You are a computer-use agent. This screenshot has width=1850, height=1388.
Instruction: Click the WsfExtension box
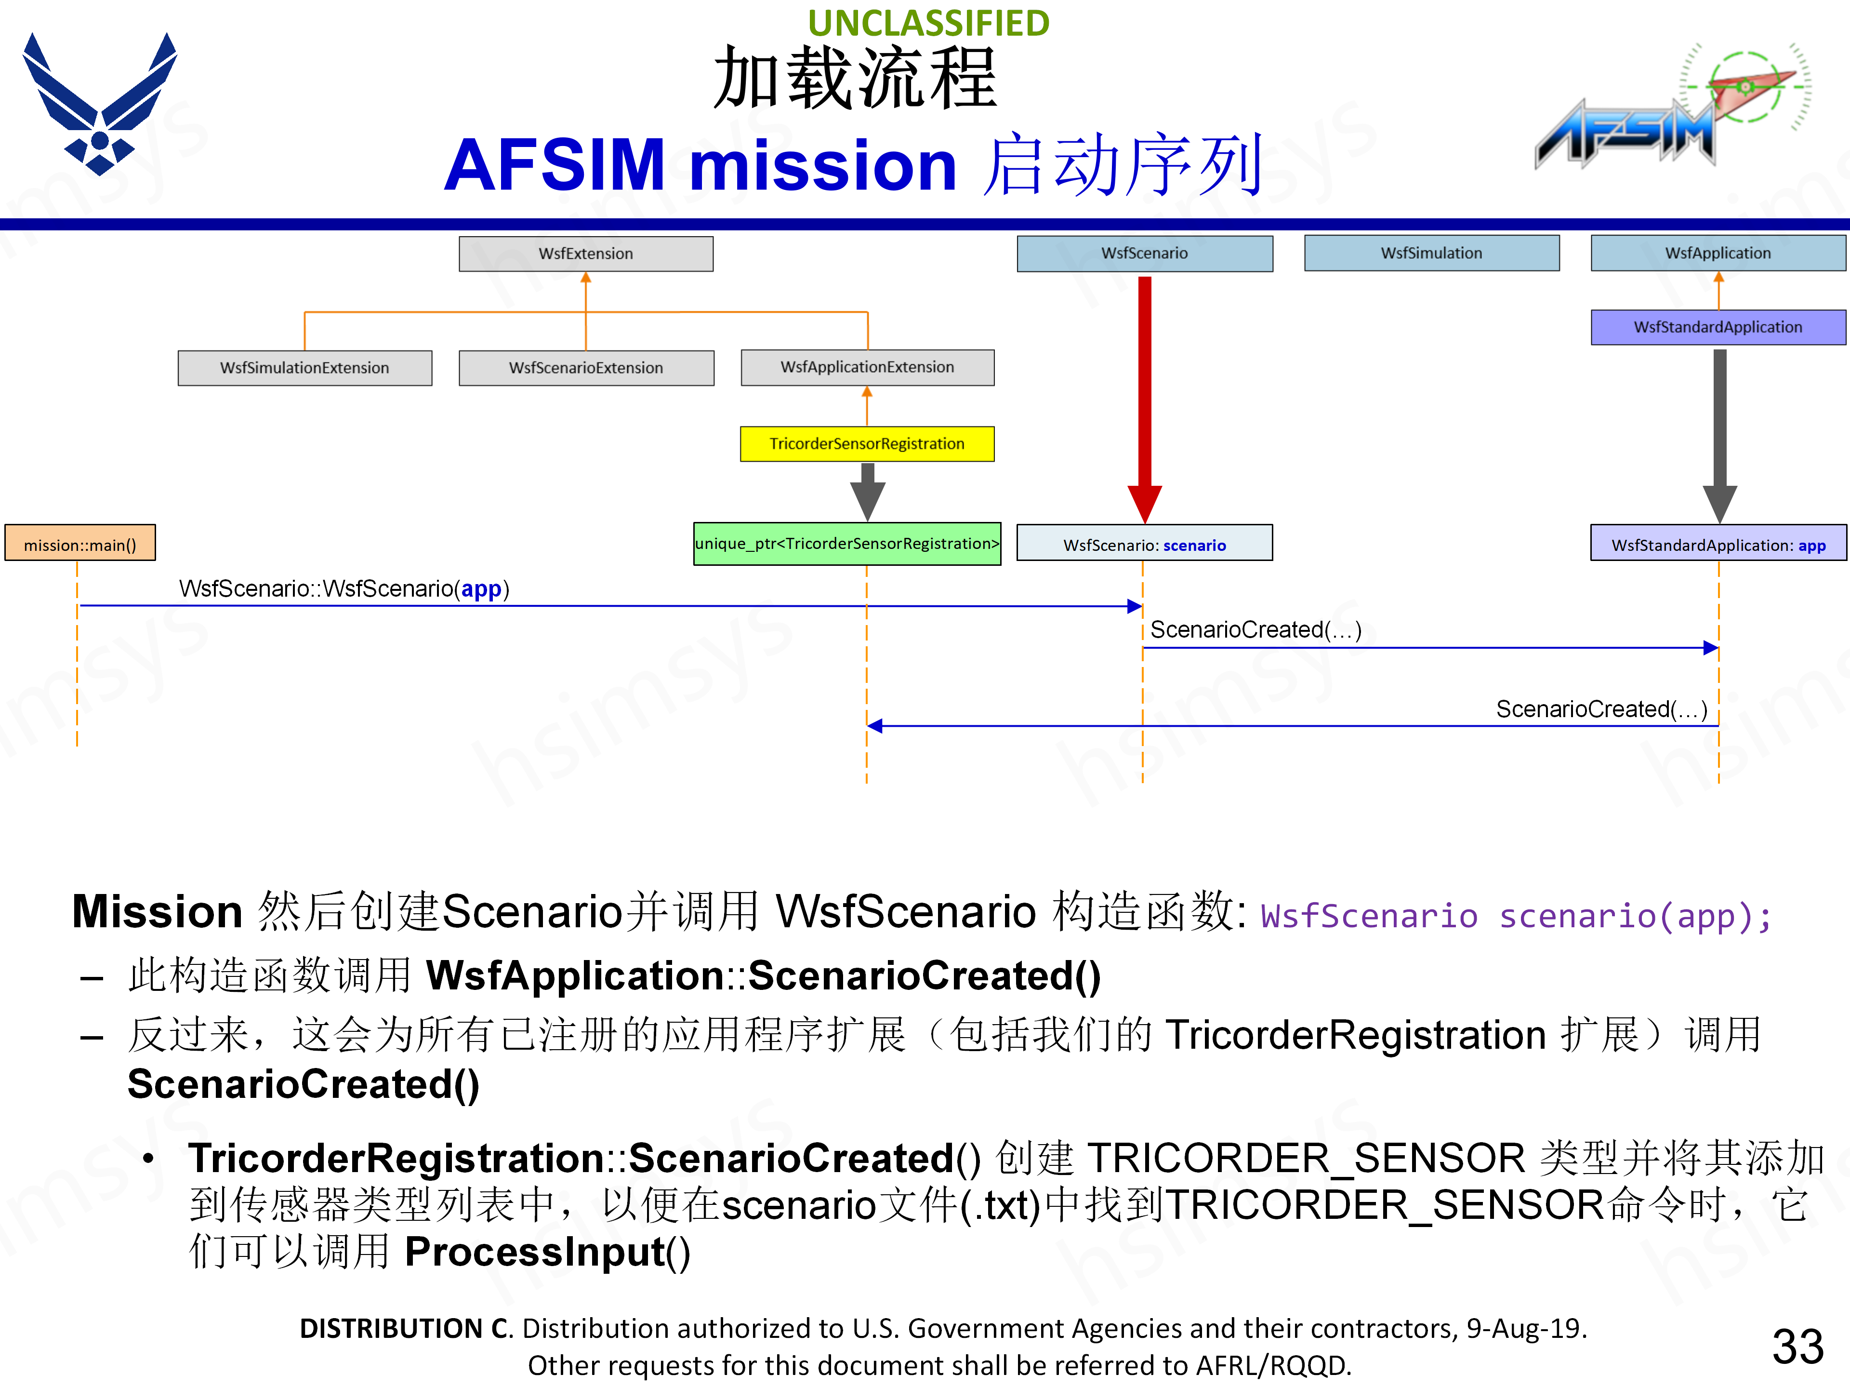pos(585,254)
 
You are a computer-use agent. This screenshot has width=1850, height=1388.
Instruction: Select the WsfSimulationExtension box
pos(304,368)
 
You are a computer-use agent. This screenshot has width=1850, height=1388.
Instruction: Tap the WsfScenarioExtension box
pos(585,368)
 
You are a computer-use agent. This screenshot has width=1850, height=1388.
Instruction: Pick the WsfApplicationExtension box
pos(867,367)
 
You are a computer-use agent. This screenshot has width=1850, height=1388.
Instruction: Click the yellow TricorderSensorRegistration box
pos(867,443)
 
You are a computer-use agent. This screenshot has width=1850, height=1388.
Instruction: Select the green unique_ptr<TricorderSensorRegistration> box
pos(847,544)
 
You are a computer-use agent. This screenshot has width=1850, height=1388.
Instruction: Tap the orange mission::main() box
pos(80,545)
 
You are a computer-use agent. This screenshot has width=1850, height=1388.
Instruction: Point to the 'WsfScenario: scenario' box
pos(1144,545)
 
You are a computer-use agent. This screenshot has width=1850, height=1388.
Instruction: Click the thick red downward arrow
pos(1144,393)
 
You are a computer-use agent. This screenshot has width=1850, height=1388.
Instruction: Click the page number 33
pos(1797,1347)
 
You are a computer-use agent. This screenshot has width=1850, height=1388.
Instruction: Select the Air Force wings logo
pos(100,105)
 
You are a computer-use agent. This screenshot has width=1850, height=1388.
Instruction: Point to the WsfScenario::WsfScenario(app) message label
pos(344,589)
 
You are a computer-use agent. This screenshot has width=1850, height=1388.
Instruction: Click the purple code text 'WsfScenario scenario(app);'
pos(1516,916)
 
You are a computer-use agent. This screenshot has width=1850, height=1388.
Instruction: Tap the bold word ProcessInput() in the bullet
pos(547,1253)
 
